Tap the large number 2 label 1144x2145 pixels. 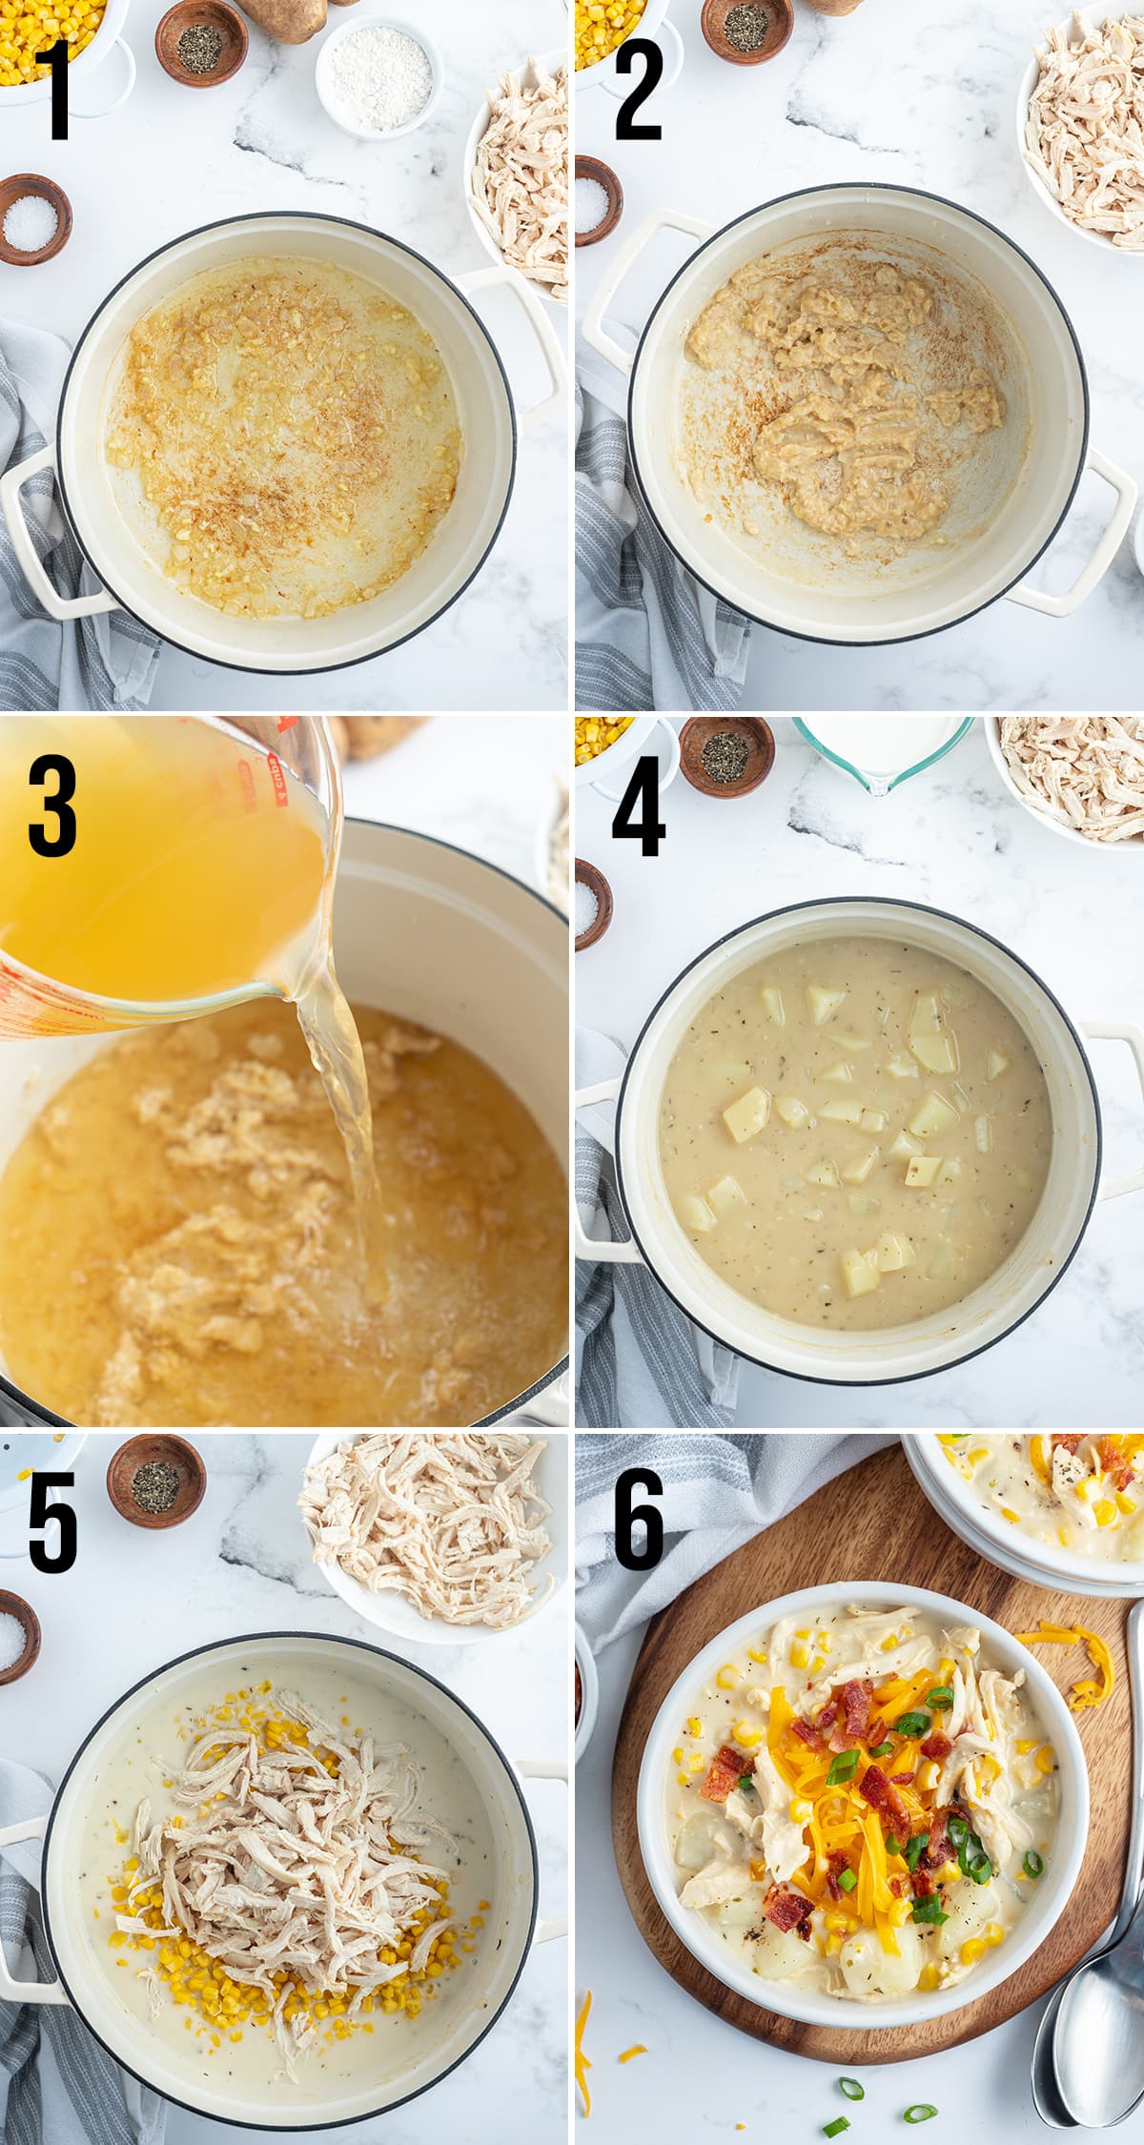pos(637,91)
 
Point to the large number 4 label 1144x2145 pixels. pos(637,806)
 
